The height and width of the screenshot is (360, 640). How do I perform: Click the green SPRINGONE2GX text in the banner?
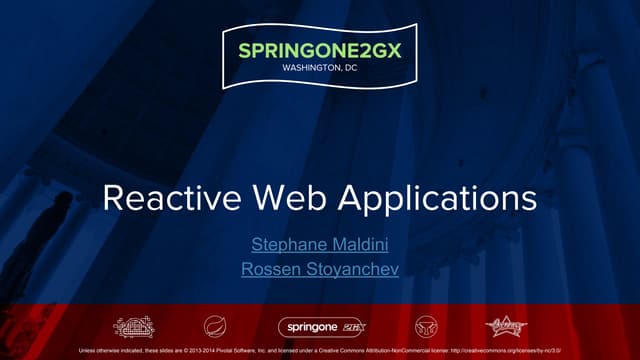tap(319, 50)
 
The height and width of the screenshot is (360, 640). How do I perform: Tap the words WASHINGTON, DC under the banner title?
tap(320, 68)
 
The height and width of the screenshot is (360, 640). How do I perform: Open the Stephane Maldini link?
tap(319, 243)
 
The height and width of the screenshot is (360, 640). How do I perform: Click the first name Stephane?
tap(283, 243)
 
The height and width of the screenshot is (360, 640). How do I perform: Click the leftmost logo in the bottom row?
tap(134, 327)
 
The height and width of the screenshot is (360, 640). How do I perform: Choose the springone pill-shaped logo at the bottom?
tap(319, 327)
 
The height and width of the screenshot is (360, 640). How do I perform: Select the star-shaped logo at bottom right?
tap(506, 327)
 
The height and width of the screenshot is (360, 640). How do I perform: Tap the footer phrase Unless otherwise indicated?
tap(111, 351)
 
